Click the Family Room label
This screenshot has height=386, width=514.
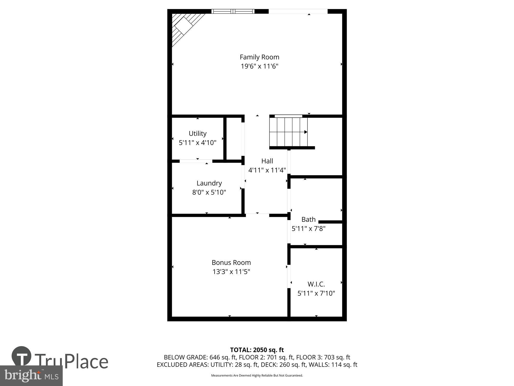pyautogui.click(x=259, y=57)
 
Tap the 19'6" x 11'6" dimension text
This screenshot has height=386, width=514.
pyautogui.click(x=259, y=66)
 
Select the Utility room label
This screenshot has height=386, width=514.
pyautogui.click(x=197, y=134)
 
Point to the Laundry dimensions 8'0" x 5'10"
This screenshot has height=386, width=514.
pyautogui.click(x=209, y=192)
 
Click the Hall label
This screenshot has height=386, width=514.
pyautogui.click(x=267, y=161)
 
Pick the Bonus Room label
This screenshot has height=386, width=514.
pyautogui.click(x=231, y=262)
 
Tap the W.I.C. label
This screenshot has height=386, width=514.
pyautogui.click(x=316, y=284)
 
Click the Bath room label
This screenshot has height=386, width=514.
pyautogui.click(x=308, y=220)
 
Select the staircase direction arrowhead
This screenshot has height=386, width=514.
pyautogui.click(x=306, y=132)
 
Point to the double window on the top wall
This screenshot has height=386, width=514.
pyautogui.click(x=233, y=11)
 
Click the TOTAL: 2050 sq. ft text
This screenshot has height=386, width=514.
pyautogui.click(x=257, y=350)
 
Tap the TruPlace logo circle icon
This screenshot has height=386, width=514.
pyautogui.click(x=22, y=356)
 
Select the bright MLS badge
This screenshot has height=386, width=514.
pyautogui.click(x=31, y=375)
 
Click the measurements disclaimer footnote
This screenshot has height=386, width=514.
pyautogui.click(x=257, y=375)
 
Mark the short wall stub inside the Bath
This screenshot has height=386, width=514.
pyautogui.click(x=330, y=222)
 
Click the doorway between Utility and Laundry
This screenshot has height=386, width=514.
pyautogui.click(x=196, y=161)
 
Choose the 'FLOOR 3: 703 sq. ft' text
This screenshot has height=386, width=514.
pyautogui.click(x=323, y=357)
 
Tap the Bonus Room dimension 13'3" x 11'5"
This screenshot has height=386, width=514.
pyautogui.click(x=231, y=272)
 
